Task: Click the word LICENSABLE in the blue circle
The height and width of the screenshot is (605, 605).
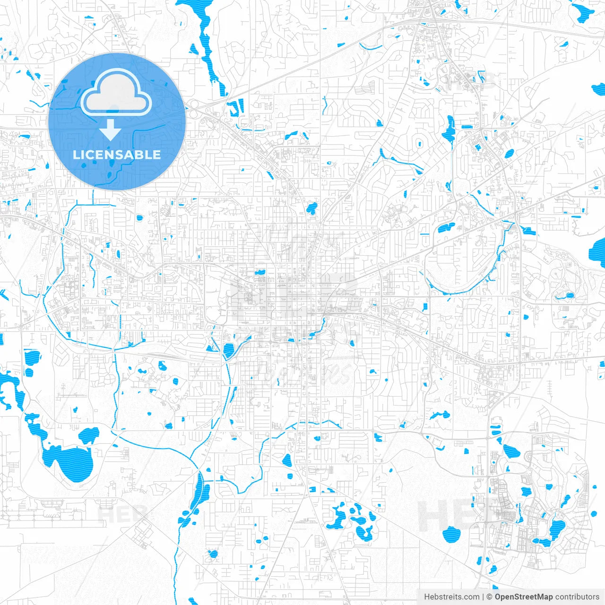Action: (x=117, y=155)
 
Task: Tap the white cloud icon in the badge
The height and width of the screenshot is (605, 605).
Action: (x=116, y=93)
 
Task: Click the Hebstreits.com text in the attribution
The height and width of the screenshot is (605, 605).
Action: (x=452, y=597)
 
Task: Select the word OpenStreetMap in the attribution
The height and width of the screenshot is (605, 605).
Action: (x=524, y=597)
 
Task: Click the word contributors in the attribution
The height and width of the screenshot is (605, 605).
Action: (x=577, y=597)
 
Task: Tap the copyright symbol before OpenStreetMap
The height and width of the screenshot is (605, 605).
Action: (x=490, y=597)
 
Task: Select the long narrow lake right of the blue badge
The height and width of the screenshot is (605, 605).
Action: (x=208, y=47)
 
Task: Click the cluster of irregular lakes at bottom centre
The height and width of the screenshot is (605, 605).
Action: (x=350, y=520)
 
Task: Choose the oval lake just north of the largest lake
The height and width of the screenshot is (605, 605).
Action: (x=88, y=435)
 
